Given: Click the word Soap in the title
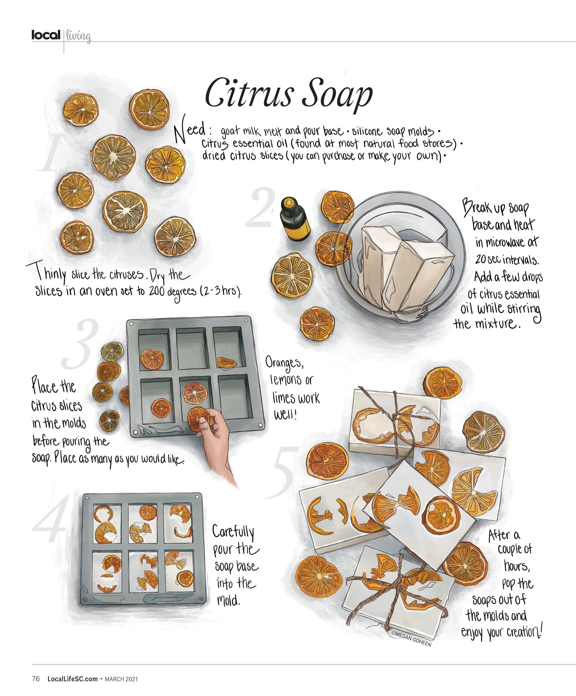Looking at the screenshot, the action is [x=337, y=96].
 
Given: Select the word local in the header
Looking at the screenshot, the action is [x=46, y=35].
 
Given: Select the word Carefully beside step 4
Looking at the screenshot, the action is [x=233, y=531].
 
